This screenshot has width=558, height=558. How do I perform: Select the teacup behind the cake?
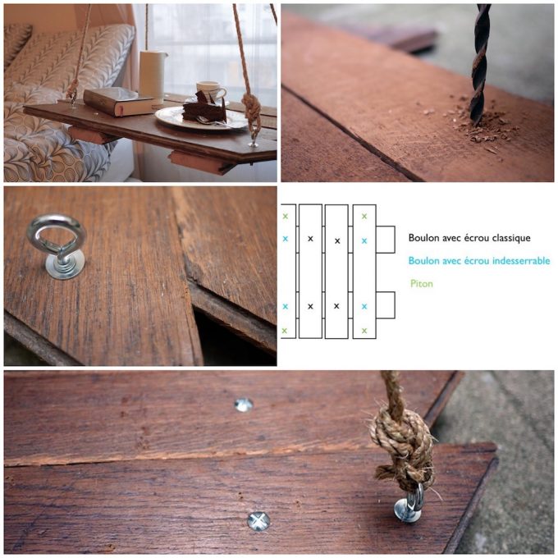(211, 91)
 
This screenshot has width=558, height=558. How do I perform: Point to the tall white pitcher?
(153, 77)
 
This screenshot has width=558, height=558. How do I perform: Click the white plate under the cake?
(201, 119)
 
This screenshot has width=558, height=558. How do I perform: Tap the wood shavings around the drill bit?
(480, 126)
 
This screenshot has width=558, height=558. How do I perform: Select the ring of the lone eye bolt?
(57, 233)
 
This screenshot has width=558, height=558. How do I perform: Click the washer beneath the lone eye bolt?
(65, 268)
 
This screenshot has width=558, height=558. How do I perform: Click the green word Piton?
(421, 284)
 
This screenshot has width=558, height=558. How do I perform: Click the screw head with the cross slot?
(258, 521)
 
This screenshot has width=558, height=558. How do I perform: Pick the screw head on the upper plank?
(244, 405)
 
